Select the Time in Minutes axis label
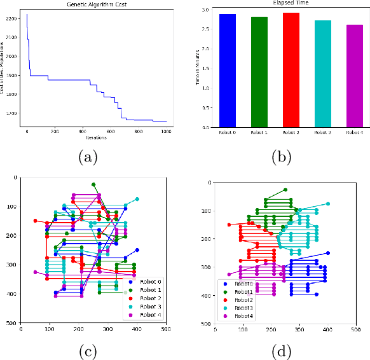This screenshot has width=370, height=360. coord(198,68)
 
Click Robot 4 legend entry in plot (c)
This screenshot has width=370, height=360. coord(147,314)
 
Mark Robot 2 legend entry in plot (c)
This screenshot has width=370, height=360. coord(147,298)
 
